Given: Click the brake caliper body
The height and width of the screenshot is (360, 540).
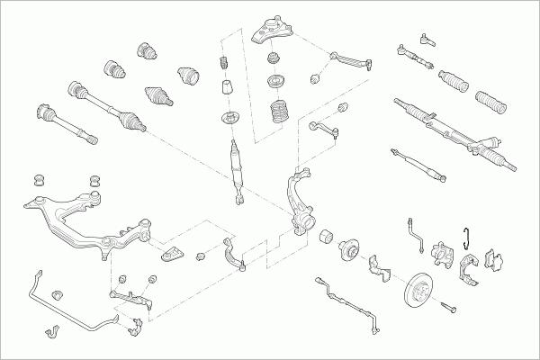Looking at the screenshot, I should [x=442, y=256].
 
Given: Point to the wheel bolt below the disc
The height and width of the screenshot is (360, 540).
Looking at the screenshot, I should [x=451, y=310].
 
